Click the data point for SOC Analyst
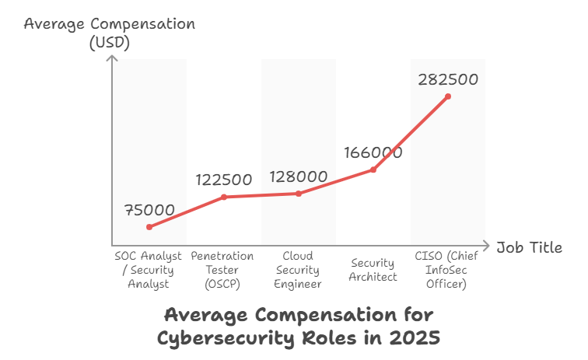click(149, 227)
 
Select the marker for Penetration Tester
click(224, 197)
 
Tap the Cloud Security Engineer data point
click(299, 193)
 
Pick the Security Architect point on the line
click(373, 170)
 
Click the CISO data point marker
click(448, 96)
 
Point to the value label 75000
click(149, 210)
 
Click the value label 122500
click(224, 180)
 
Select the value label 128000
click(299, 177)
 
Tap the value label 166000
click(373, 152)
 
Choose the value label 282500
click(448, 79)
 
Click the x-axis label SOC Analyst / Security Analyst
click(148, 270)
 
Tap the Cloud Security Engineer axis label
click(298, 270)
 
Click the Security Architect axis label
click(373, 270)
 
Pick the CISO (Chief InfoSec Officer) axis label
click(446, 270)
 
